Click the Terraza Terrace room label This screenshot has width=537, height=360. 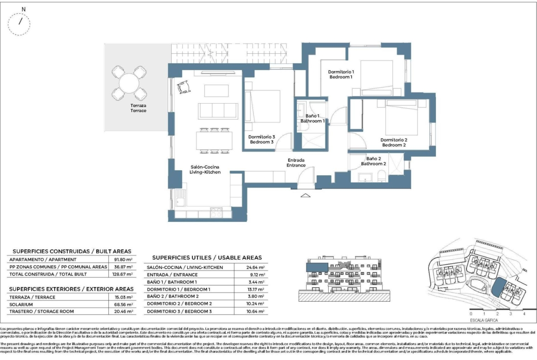click(x=138, y=108)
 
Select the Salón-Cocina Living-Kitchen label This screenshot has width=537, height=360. click(x=205, y=170)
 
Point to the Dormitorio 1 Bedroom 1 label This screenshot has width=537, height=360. click(x=341, y=74)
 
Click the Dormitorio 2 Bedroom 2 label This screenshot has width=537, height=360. click(x=394, y=142)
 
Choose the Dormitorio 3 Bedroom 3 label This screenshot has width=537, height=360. click(x=262, y=139)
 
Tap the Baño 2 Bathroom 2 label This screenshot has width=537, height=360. click(x=373, y=161)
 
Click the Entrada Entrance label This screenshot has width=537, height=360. click(x=296, y=163)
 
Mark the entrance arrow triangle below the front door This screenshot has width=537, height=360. click(x=305, y=196)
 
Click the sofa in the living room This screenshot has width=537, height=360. click(x=218, y=111)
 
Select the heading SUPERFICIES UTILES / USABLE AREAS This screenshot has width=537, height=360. click(x=207, y=258)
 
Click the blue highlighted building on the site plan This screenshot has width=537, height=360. click(x=497, y=288)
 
